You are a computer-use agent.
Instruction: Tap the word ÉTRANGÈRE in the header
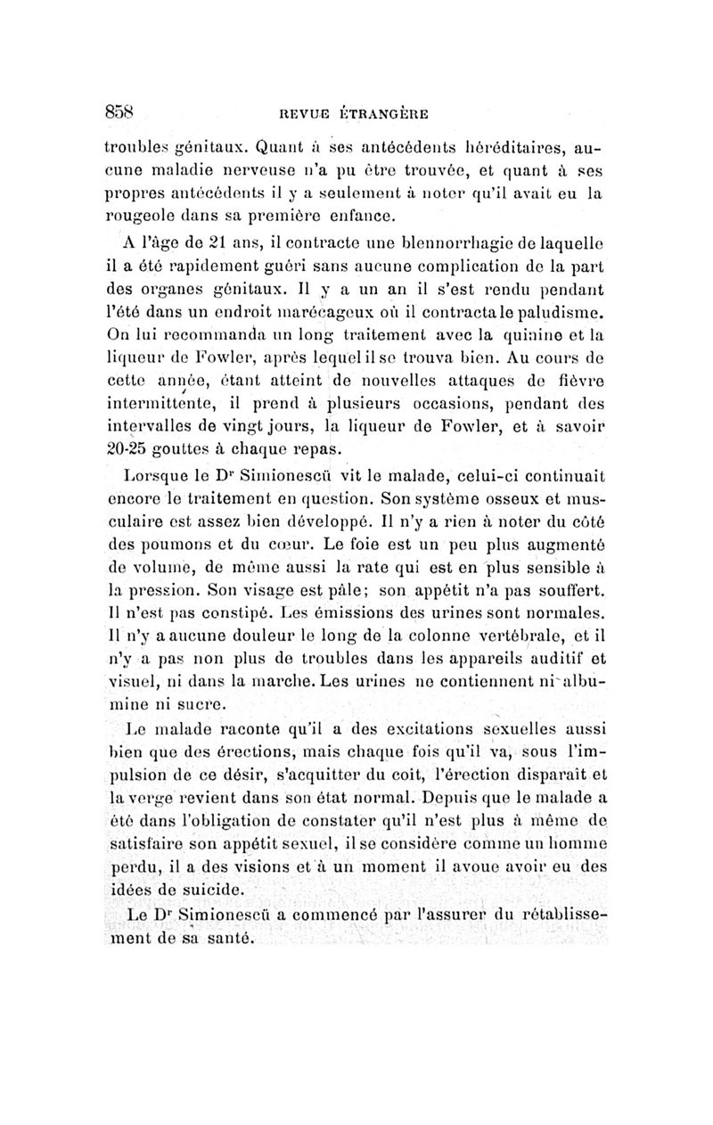(384, 113)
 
